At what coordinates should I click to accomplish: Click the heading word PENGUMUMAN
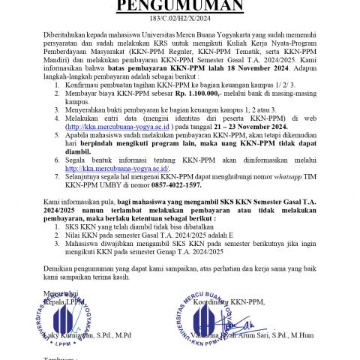[x=180, y=7]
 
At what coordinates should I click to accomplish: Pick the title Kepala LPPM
[x=64, y=301]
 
